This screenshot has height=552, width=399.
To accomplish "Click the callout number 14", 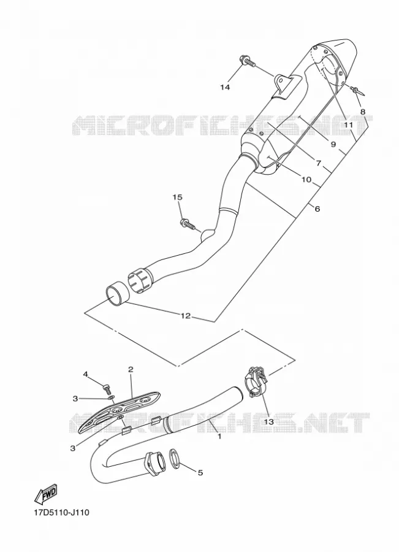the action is (x=225, y=87).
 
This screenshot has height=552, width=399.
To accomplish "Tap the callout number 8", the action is (x=362, y=112).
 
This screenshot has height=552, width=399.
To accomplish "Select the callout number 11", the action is (x=348, y=125).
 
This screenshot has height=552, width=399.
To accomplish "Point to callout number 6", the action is (x=317, y=209).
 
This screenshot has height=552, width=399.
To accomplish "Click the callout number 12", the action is (x=186, y=316).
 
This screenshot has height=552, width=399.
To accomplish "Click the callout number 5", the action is (x=200, y=473).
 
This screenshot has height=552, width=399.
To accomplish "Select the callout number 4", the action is (x=85, y=374).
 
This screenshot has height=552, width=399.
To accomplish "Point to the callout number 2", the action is (x=131, y=369).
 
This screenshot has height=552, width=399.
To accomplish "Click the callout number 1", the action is (x=219, y=437).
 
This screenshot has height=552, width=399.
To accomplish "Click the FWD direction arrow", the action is (x=45, y=494).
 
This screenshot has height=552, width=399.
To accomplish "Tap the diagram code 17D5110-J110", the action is (x=61, y=513).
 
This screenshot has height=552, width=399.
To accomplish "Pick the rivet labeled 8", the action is (x=358, y=91).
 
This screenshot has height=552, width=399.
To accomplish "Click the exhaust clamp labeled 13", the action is (x=256, y=381).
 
